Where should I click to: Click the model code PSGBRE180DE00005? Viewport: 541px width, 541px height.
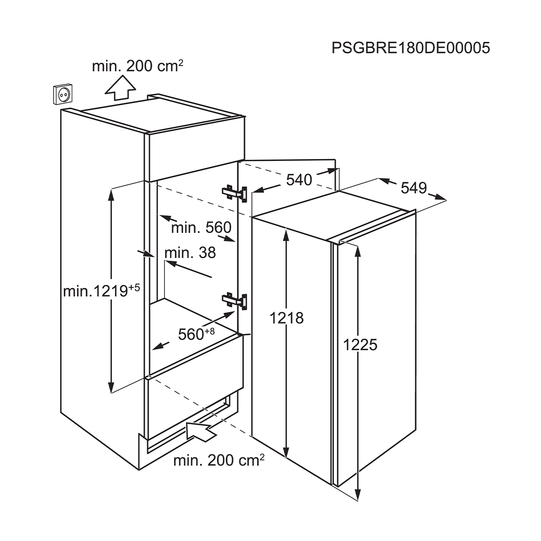[411, 48]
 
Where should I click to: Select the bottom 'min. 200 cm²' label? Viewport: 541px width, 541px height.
[219, 460]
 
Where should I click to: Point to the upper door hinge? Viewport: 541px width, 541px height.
[234, 193]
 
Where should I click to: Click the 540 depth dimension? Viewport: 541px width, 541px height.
[299, 180]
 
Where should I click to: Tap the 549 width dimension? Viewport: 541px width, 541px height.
[414, 188]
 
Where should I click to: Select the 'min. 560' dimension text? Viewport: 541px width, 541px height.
[201, 228]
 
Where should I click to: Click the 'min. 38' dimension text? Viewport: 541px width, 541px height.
[190, 253]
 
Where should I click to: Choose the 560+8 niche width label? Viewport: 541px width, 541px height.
[196, 334]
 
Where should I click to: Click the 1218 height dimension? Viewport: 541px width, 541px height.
[287, 318]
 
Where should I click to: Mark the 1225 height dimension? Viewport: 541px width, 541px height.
[360, 345]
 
